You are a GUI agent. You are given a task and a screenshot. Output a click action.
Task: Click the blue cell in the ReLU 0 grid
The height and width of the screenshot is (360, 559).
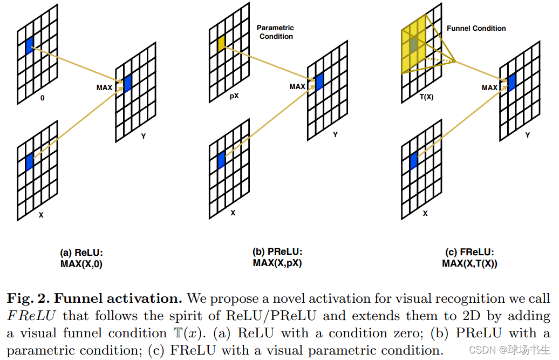pos(29,45)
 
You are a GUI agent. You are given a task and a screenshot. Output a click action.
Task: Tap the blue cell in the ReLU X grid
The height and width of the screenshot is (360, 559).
pos(29,161)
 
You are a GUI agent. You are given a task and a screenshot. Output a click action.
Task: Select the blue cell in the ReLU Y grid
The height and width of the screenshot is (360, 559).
pos(127,84)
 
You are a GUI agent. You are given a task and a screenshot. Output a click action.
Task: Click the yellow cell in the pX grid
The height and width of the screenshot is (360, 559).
pos(221,44)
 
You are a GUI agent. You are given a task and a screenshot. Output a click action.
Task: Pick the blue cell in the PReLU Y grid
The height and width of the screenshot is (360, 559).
pos(319,81)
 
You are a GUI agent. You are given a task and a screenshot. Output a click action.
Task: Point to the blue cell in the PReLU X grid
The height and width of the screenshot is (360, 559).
pos(221,160)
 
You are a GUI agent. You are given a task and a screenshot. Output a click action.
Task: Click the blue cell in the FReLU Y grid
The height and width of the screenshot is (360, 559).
pos(512,81)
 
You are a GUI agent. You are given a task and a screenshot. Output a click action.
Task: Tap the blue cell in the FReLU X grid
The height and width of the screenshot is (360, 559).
pos(413,161)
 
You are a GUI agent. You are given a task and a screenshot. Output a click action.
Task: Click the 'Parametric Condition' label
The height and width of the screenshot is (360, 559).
pos(276,32)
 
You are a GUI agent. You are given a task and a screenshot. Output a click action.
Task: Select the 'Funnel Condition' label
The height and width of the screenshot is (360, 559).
pos(476,28)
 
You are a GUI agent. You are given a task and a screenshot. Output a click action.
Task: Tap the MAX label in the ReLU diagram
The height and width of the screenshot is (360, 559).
pos(105,87)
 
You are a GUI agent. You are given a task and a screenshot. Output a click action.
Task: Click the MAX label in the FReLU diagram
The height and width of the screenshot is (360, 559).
pos(489,87)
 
